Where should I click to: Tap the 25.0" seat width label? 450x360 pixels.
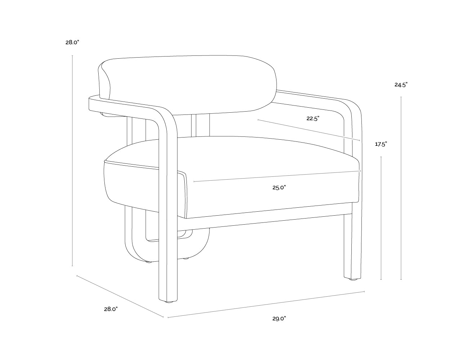click(279, 188)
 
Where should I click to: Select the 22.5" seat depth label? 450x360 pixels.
click(313, 118)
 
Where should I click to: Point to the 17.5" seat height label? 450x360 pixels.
click(381, 144)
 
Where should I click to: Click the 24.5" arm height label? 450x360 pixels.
click(401, 85)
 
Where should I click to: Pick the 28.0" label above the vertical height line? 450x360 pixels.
click(72, 42)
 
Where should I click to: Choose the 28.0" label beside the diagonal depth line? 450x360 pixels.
click(111, 309)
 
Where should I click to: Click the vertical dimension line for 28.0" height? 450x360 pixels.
click(72, 161)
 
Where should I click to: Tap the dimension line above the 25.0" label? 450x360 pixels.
click(277, 176)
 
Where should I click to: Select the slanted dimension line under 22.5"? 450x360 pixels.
click(309, 130)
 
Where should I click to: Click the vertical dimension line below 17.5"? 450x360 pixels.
click(381, 218)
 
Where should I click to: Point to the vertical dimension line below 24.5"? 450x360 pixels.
click(401, 188)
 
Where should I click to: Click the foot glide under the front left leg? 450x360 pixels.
click(170, 302)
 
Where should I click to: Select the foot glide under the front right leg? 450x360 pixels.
click(354, 279)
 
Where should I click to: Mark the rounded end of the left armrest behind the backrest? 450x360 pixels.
click(94, 104)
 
